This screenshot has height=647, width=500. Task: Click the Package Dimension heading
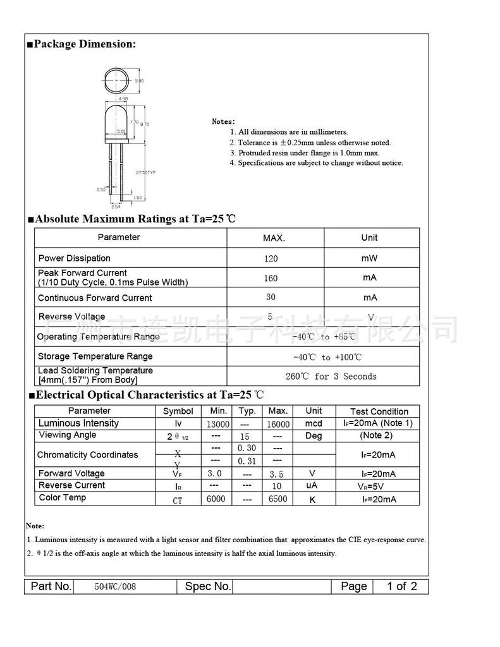coord(84,44)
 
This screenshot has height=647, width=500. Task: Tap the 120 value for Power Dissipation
coord(271,258)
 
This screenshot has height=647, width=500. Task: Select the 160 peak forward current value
coord(271,278)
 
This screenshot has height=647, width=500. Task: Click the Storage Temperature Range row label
coord(95,356)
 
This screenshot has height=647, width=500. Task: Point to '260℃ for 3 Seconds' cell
coord(331,377)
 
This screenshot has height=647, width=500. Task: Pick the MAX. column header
coord(274,238)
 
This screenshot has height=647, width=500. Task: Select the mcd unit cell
coord(314,424)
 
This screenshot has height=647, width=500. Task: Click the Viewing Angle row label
coord(68,435)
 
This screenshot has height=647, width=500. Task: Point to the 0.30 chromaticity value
coord(247,448)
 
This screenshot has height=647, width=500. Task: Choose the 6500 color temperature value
coord(278,499)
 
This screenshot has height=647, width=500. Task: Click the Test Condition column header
coord(379,411)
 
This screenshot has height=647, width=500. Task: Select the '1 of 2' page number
coord(402,586)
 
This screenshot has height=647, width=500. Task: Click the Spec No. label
coord(208,586)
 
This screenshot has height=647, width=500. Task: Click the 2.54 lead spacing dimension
coord(116,206)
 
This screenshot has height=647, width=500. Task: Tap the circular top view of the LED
coord(116,82)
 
